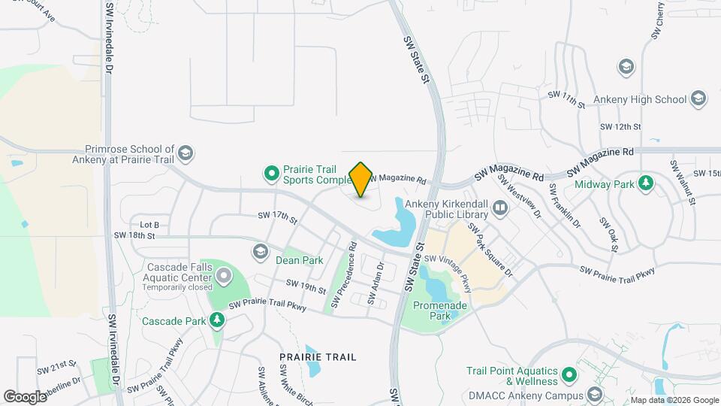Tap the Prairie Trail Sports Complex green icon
(271, 174)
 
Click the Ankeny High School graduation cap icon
(699, 98)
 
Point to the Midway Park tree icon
(645, 183)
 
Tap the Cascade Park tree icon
(217, 321)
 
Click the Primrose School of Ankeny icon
(186, 154)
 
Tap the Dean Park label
(299, 260)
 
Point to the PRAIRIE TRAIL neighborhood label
(318, 356)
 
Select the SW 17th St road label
(278, 217)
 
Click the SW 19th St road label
(306, 286)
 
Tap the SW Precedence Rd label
(342, 276)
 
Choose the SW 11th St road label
(566, 98)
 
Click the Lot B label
(150, 224)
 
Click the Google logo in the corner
(25, 396)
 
